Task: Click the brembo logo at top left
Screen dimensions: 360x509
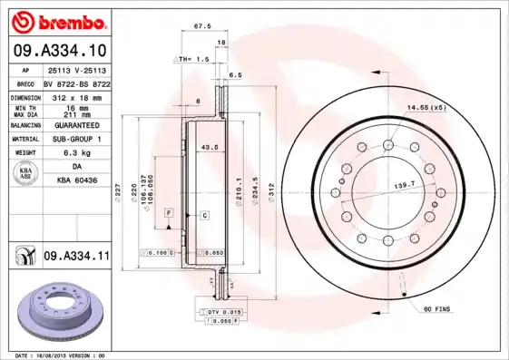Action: (56, 19)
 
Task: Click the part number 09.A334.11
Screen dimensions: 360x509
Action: (76, 258)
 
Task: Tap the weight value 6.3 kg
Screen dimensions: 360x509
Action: (77, 154)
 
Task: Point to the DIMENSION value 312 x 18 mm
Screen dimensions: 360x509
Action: (77, 96)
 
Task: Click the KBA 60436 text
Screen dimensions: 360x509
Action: (77, 181)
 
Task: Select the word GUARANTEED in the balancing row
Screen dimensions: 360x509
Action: (77, 125)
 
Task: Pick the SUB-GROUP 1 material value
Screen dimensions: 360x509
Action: (77, 140)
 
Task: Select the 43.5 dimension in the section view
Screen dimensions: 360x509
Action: (208, 146)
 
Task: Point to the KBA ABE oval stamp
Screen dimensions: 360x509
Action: (27, 175)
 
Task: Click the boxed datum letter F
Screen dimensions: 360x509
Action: (169, 212)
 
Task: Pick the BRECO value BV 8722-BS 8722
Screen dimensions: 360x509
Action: (76, 83)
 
